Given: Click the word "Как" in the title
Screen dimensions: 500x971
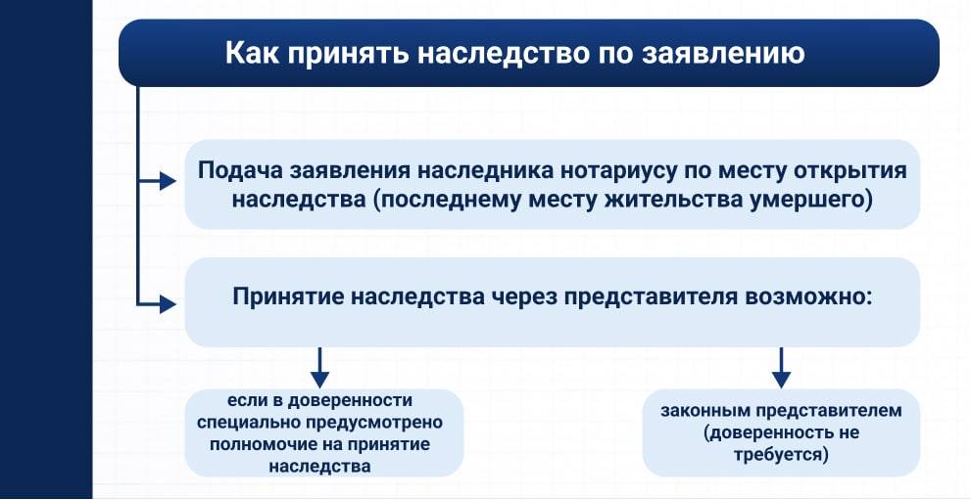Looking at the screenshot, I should click(x=252, y=52).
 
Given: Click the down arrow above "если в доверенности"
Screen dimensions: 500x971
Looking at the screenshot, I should click(x=318, y=368).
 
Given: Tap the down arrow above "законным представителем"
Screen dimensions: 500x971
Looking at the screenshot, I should click(x=780, y=368).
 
